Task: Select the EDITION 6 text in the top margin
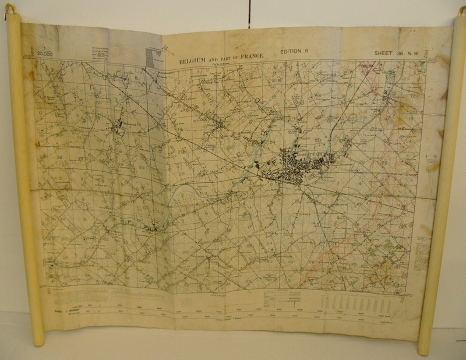[x=294, y=51]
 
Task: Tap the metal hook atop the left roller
[x=10, y=8]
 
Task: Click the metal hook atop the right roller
[x=457, y=8]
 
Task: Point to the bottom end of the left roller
[x=38, y=341]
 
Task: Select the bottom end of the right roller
[x=424, y=350]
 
